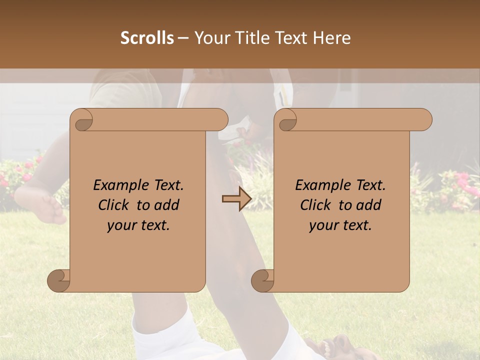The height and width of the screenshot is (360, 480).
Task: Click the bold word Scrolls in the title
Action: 147,38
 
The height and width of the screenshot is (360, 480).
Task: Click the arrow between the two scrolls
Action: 236,199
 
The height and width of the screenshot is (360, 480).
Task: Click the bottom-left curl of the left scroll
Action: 59,280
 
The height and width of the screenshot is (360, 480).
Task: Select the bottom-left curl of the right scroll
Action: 262,280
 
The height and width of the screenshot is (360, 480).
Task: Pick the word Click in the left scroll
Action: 114,205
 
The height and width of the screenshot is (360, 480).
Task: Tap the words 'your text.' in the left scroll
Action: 138,225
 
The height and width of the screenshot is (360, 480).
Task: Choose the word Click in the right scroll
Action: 316,205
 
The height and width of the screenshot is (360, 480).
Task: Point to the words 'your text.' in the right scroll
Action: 340,225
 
